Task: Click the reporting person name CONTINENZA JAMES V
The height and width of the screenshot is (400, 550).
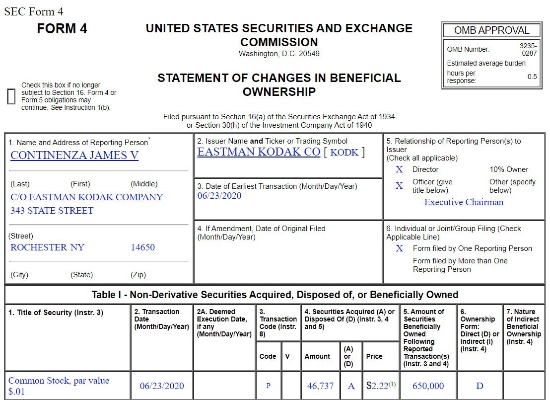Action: pos(74,156)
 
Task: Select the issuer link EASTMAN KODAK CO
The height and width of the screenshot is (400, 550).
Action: pos(259,152)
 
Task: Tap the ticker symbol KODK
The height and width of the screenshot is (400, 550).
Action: pos(344,153)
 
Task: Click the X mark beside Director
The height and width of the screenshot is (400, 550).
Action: pos(399,169)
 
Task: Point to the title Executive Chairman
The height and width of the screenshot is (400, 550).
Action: pos(464,202)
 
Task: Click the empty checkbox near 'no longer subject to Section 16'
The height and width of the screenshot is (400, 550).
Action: pos(11,96)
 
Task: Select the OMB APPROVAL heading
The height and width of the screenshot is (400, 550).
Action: pos(491,30)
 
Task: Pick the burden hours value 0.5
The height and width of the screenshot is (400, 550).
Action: pos(532,77)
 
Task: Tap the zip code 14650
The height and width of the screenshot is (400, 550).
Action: pos(143,247)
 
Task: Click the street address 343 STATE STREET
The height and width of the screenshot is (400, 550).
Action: pos(52,211)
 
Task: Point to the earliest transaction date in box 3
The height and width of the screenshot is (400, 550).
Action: pos(219,196)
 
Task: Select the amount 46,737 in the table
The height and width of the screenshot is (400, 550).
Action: pos(320,386)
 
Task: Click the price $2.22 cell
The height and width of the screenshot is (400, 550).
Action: pos(377,386)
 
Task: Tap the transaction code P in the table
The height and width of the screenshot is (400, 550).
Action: pos(268,386)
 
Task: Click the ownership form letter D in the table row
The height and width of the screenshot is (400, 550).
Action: pos(480,386)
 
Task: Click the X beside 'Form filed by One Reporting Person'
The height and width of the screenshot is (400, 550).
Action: pos(399,248)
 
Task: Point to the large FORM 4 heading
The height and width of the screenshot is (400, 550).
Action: pos(62,29)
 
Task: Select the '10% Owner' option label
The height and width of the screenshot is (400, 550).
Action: pos(509,169)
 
